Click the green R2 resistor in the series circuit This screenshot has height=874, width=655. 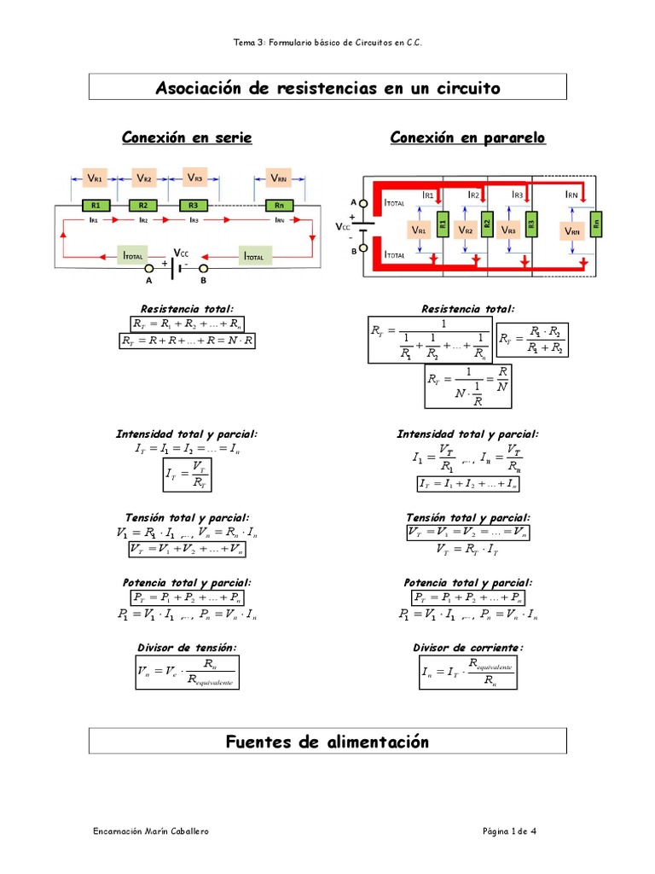coord(143,206)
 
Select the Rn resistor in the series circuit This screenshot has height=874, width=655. coord(279,206)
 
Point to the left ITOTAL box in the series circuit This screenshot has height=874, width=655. coord(134,255)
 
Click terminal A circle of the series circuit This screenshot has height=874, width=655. coord(148,269)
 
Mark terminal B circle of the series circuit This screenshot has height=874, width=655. coord(203,269)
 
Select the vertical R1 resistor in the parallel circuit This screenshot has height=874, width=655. coord(443,225)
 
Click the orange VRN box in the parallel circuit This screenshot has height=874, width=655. coord(571,231)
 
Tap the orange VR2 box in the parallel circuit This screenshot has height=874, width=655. coord(465,230)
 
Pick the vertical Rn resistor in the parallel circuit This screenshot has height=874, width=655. coord(596,225)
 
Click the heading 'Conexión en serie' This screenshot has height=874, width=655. coord(187,138)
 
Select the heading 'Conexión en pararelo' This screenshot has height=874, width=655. coord(467,138)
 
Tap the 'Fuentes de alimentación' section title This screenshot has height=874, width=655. coord(327,742)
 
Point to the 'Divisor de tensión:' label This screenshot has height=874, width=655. coord(188,648)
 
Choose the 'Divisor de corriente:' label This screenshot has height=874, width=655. coord(468,648)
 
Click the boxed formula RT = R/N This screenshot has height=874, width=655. coord(468,387)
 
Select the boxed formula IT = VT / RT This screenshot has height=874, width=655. coord(188,475)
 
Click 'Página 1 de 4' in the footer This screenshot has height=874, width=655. coord(509,831)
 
